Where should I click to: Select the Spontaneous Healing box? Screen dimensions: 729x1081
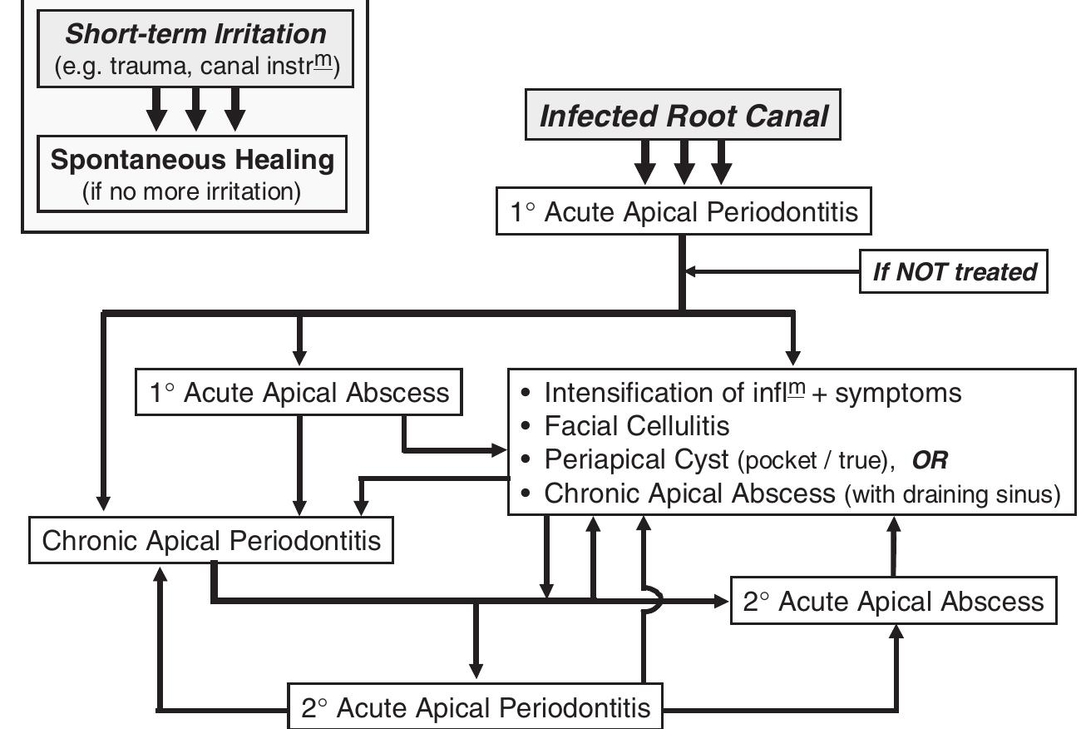191,173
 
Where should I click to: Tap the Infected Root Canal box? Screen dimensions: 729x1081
684,116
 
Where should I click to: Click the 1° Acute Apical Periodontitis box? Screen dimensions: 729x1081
684,213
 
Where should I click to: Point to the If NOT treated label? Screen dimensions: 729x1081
954,271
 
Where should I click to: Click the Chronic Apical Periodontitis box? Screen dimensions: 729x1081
211,541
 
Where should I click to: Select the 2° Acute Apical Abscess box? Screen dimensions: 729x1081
893,601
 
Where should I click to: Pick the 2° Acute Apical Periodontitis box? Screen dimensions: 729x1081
475,708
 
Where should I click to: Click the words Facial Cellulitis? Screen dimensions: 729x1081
637,426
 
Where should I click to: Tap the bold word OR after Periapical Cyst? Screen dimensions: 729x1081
930,460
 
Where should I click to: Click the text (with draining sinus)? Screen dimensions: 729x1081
953,494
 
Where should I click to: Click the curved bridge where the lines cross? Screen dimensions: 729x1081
655,600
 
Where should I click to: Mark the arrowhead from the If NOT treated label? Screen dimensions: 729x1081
691,271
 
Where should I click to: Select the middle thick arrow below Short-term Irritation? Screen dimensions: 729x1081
195,109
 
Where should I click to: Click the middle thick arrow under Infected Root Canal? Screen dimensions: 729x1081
684,161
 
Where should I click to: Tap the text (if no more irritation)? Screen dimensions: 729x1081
191,192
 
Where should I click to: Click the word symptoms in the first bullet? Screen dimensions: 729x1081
898,392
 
